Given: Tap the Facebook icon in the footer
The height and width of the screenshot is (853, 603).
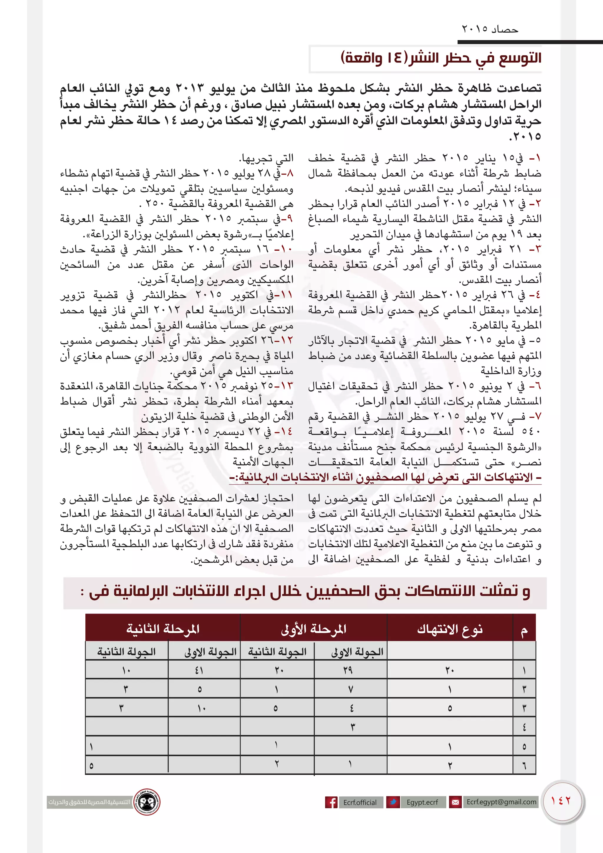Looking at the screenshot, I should (x=331, y=802).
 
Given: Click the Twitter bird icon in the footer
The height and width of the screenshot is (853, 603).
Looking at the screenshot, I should (x=393, y=802).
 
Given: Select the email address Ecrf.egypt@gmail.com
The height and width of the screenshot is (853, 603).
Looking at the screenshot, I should (x=501, y=802).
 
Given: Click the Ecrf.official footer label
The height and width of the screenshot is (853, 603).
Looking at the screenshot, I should (x=360, y=802).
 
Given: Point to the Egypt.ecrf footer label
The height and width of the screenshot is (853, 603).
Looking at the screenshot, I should (x=422, y=802).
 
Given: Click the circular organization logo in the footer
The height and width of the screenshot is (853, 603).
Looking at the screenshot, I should (x=147, y=802).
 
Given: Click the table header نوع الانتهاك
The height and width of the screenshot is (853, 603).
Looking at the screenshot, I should (x=450, y=629).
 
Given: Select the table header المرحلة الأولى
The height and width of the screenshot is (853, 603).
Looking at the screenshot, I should (x=314, y=629).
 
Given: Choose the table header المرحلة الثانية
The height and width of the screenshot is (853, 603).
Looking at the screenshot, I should (x=163, y=629).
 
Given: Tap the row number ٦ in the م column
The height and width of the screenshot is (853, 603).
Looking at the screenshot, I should (x=524, y=766).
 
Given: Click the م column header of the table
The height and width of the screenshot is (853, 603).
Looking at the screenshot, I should (x=524, y=630).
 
